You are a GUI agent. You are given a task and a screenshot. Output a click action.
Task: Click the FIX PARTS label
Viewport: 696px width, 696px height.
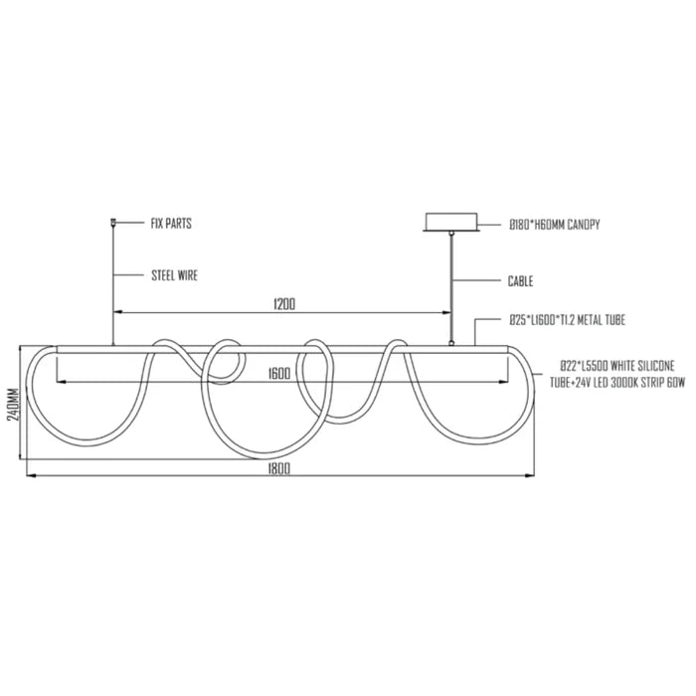click(171, 224)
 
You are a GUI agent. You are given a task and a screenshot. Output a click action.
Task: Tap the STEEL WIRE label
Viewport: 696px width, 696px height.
click(174, 275)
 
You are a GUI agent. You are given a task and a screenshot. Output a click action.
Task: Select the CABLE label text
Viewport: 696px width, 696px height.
click(520, 281)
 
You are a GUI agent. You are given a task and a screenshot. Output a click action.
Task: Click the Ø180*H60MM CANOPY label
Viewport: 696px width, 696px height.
click(555, 225)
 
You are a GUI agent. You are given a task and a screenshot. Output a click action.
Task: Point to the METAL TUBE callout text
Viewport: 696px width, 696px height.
click(568, 319)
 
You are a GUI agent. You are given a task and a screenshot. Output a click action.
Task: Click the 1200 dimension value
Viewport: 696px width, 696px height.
click(284, 304)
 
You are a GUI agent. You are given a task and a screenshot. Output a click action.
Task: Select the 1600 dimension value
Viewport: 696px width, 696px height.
click(279, 374)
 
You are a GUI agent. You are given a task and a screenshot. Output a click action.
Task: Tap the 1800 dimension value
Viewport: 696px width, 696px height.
click(278, 468)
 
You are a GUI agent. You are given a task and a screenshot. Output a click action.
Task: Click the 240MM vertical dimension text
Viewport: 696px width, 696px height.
click(14, 405)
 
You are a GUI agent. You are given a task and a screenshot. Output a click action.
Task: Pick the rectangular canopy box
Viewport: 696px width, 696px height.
click(451, 222)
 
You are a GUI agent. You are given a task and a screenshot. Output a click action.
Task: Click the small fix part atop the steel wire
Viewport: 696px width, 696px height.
click(113, 221)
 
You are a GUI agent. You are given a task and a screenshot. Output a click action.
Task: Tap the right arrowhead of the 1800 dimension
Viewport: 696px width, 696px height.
click(530, 476)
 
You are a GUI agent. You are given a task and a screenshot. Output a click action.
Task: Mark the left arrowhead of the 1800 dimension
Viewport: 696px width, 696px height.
click(32, 476)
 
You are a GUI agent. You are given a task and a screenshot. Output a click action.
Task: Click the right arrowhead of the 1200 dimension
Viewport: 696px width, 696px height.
click(446, 312)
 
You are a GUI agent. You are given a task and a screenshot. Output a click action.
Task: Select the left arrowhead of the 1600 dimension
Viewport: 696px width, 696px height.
click(62, 381)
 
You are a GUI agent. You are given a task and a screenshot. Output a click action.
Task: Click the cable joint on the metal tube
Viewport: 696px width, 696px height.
click(451, 343)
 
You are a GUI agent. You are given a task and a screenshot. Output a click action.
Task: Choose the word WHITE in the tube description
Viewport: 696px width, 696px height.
click(622, 366)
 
